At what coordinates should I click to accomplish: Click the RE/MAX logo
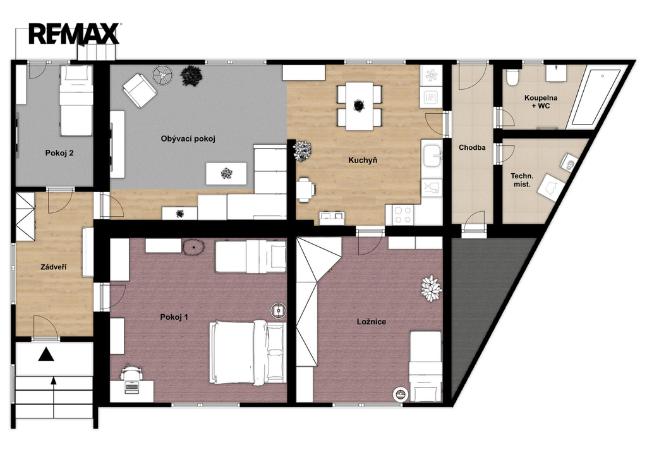pyautogui.click(x=75, y=34)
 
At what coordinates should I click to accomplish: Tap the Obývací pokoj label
pyautogui.click(x=188, y=138)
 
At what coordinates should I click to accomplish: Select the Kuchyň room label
pyautogui.click(x=363, y=160)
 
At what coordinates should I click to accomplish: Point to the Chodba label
pyautogui.click(x=472, y=147)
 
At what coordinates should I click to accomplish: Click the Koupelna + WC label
pyautogui.click(x=541, y=102)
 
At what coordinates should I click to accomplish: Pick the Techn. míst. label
pyautogui.click(x=522, y=180)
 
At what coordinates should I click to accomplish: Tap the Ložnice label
pyautogui.click(x=372, y=322)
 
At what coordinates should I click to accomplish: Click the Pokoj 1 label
pyautogui.click(x=174, y=317)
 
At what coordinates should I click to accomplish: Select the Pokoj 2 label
pyautogui.click(x=59, y=153)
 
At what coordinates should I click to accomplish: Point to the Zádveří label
pyautogui.click(x=54, y=267)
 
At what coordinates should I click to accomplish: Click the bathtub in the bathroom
pyautogui.click(x=594, y=97)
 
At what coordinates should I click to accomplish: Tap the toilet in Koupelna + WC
pyautogui.click(x=512, y=77)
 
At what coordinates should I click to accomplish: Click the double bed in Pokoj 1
pyautogui.click(x=248, y=353)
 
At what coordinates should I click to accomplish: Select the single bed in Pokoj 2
pyautogui.click(x=76, y=101)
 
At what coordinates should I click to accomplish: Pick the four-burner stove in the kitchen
pyautogui.click(x=402, y=215)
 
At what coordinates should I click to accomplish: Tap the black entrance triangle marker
pyautogui.click(x=45, y=354)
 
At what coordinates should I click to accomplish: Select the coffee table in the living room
pyautogui.click(x=227, y=173)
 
